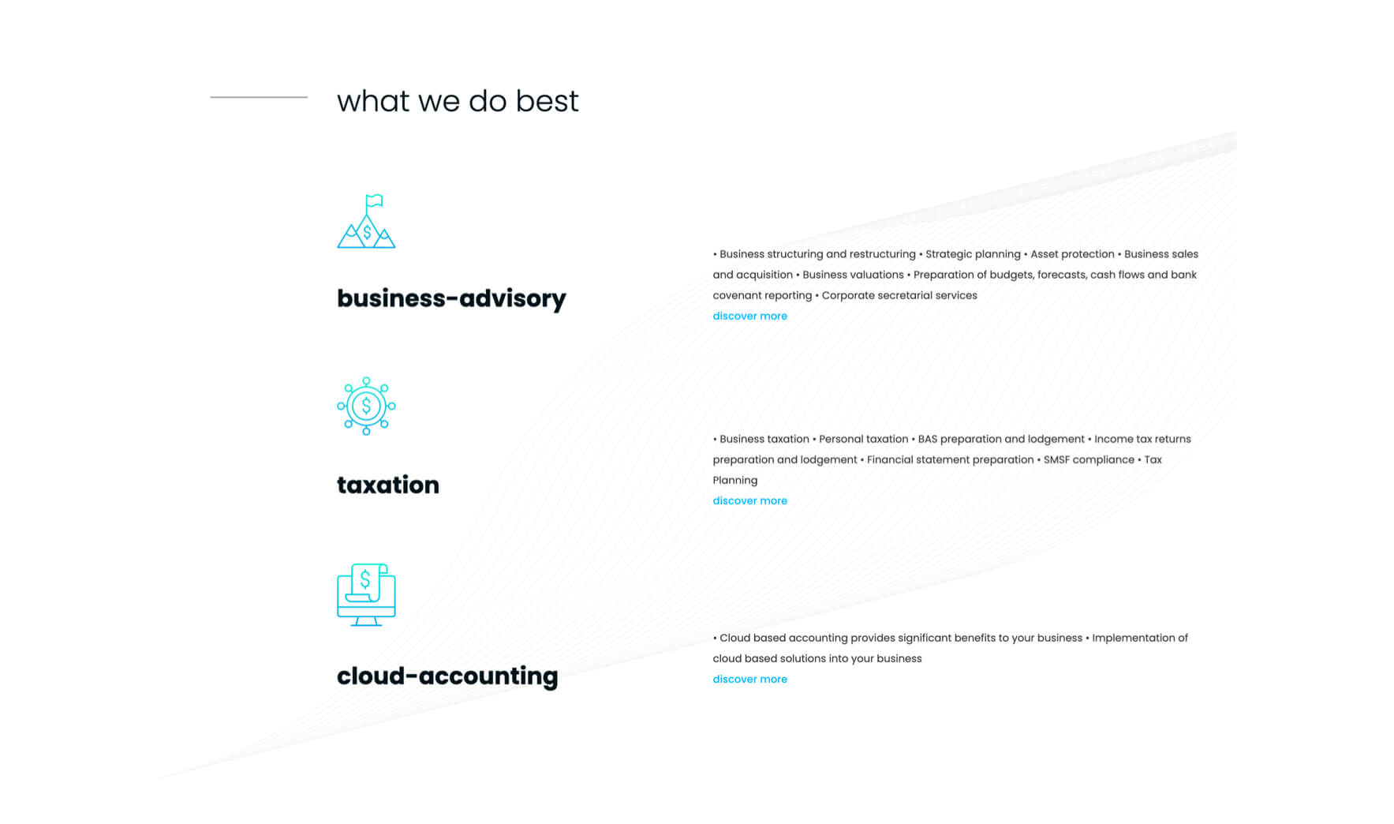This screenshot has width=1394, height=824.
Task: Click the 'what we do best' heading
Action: click(x=458, y=101)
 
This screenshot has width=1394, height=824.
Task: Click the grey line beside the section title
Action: click(x=259, y=97)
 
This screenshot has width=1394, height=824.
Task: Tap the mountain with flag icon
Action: click(x=366, y=221)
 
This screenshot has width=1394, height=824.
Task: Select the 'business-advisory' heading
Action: click(x=451, y=298)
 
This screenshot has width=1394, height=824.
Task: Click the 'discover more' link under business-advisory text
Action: click(x=749, y=316)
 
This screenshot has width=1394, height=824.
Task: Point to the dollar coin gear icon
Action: click(x=366, y=406)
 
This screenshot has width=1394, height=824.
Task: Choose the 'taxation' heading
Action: click(x=388, y=485)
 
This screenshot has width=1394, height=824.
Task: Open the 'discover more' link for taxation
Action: click(x=749, y=500)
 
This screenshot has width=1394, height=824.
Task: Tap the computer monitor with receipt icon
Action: click(x=366, y=595)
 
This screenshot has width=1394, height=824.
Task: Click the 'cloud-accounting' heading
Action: click(x=447, y=676)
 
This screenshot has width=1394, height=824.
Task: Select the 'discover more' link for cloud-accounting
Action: click(x=749, y=679)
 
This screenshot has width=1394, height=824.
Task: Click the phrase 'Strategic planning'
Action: click(x=973, y=254)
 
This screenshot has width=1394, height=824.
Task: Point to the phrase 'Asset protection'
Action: click(x=1072, y=254)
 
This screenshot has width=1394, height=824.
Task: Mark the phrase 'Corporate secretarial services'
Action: click(x=899, y=295)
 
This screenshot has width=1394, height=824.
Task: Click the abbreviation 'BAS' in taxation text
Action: click(x=928, y=439)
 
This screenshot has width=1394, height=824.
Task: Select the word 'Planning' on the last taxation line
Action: click(x=735, y=480)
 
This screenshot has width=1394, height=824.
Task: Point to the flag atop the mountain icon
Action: click(x=375, y=200)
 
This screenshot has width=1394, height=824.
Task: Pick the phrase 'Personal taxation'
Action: click(x=864, y=439)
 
